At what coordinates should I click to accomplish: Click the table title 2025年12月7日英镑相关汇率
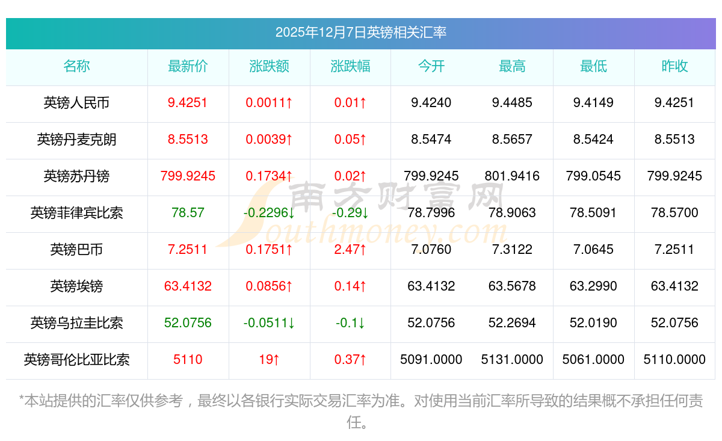pyautogui.click(x=361, y=32)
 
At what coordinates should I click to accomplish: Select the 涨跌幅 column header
pyautogui.click(x=351, y=66)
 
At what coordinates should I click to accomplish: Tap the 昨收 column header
pyautogui.click(x=674, y=66)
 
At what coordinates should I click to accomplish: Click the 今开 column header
pyautogui.click(x=431, y=66)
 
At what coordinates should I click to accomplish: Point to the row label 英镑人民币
pyautogui.click(x=76, y=103)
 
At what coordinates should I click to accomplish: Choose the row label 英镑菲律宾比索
pyautogui.click(x=76, y=213)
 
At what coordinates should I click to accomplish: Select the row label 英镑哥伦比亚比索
pyautogui.click(x=76, y=360)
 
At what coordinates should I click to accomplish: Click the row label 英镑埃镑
pyautogui.click(x=76, y=286)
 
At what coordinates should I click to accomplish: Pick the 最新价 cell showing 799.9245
pyautogui.click(x=188, y=176)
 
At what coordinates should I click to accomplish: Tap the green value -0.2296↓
pyautogui.click(x=269, y=213)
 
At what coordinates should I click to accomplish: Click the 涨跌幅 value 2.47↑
pyautogui.click(x=351, y=250)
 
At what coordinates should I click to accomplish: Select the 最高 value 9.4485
pyautogui.click(x=512, y=103)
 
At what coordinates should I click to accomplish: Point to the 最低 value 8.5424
pyautogui.click(x=593, y=140)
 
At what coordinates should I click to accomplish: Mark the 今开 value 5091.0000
pyautogui.click(x=431, y=360)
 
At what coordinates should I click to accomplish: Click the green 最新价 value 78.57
pyautogui.click(x=188, y=213)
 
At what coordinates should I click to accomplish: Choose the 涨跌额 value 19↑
pyautogui.click(x=269, y=360)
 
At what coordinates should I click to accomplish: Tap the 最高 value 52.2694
pyautogui.click(x=512, y=323)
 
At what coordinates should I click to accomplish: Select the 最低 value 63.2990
pyautogui.click(x=593, y=286)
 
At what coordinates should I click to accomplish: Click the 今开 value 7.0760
pyautogui.click(x=431, y=250)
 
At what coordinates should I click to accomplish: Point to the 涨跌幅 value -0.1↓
pyautogui.click(x=351, y=323)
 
